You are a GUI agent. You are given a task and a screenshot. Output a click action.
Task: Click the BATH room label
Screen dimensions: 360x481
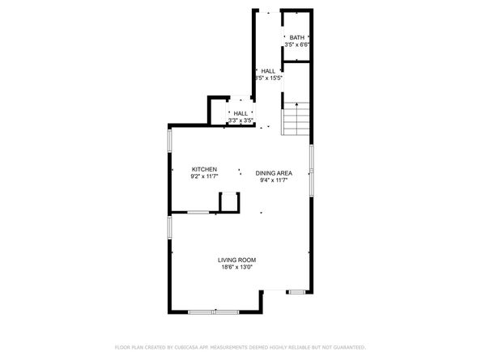click(297, 37)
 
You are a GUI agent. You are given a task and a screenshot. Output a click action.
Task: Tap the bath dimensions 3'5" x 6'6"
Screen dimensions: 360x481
click(297, 44)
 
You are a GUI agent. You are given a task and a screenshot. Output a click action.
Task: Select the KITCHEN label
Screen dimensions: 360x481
click(203, 169)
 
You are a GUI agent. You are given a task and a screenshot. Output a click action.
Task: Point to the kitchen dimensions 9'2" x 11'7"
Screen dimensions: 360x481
click(203, 176)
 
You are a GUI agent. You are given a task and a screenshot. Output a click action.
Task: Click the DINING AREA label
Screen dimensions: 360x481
click(274, 173)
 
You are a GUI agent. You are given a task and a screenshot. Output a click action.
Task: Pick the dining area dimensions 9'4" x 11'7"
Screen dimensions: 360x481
click(274, 180)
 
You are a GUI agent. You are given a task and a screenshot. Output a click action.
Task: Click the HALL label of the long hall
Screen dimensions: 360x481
click(267, 71)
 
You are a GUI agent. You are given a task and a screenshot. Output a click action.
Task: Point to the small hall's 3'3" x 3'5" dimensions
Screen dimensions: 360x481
click(240, 121)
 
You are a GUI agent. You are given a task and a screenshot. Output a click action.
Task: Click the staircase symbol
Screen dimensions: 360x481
click(296, 120)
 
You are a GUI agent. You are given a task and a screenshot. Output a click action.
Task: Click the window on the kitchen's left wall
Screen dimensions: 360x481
click(169, 141)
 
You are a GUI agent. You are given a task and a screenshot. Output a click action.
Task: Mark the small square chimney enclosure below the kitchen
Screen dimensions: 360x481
click(230, 201)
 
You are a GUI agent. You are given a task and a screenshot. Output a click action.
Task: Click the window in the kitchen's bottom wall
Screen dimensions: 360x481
click(198, 212)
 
